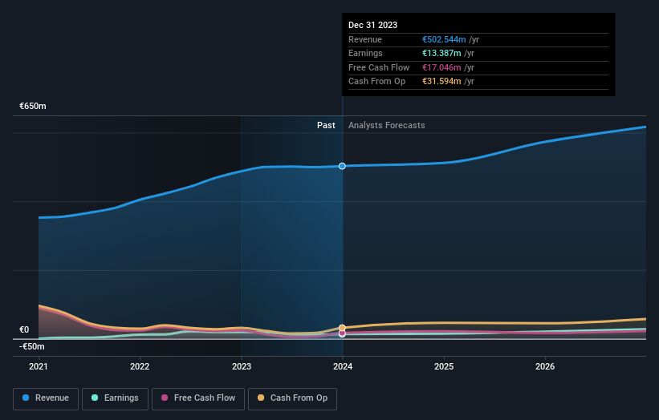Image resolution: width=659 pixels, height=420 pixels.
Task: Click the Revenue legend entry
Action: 46,398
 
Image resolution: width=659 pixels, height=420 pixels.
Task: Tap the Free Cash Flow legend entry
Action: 198,398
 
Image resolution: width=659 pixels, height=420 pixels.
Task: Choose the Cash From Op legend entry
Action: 293,398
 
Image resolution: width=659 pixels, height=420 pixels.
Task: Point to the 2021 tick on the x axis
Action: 39,367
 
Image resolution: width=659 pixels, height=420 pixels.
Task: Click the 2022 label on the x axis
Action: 140,367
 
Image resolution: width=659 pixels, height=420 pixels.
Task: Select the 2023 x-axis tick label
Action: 241,367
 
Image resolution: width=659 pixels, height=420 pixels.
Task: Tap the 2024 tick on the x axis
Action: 343,367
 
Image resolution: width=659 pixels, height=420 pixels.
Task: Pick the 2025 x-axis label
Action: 444,367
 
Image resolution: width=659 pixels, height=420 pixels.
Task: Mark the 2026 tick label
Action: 545,367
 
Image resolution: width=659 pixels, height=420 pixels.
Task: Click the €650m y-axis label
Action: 33,106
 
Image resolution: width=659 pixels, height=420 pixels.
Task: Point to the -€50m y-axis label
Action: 33,346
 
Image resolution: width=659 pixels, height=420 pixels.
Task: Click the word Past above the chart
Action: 326,125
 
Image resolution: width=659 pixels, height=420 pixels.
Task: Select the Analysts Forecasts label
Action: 386,125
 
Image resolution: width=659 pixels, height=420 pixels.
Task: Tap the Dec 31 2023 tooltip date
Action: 372,26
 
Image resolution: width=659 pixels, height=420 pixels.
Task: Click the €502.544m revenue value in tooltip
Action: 443,40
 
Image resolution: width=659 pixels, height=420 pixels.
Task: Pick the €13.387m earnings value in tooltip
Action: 441,54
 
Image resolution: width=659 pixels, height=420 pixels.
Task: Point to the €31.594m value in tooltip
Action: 441,81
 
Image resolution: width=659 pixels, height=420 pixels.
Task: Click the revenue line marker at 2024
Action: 342,166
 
